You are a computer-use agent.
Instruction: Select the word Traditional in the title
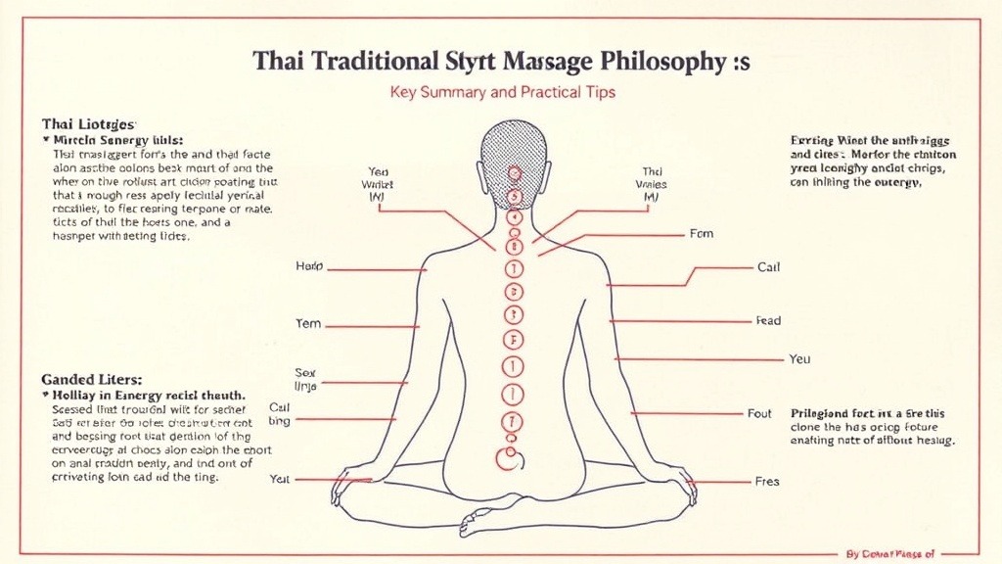372,61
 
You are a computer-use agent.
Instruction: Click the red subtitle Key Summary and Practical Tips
502,93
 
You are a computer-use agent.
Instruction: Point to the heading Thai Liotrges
88,124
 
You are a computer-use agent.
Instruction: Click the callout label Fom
702,234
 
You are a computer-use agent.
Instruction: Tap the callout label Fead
768,321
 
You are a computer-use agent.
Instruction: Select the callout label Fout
759,413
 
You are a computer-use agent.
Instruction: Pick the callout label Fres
767,482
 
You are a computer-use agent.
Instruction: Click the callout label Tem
308,324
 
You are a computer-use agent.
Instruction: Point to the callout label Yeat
280,480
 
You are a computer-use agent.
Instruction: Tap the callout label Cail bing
279,413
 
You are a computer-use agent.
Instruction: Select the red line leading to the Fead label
675,321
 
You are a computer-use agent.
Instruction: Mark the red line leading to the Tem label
372,326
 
